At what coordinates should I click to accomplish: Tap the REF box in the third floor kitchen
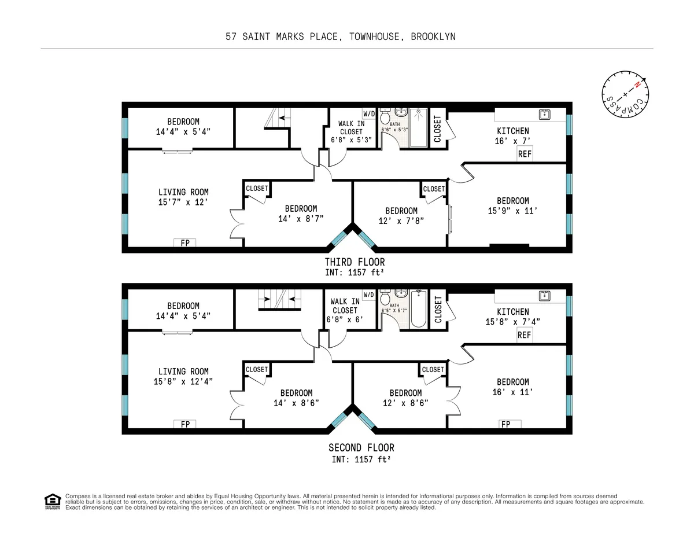(524, 155)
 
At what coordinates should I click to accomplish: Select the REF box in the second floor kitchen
(524, 335)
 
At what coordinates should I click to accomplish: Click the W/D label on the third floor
(369, 113)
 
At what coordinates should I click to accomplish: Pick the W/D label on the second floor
(369, 295)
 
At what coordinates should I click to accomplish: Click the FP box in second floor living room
(185, 424)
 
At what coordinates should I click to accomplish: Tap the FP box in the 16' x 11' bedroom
(505, 424)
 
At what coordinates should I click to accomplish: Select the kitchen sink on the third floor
(544, 115)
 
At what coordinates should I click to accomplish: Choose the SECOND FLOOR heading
(361, 447)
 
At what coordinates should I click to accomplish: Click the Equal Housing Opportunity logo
(53, 501)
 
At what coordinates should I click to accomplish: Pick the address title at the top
(341, 36)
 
